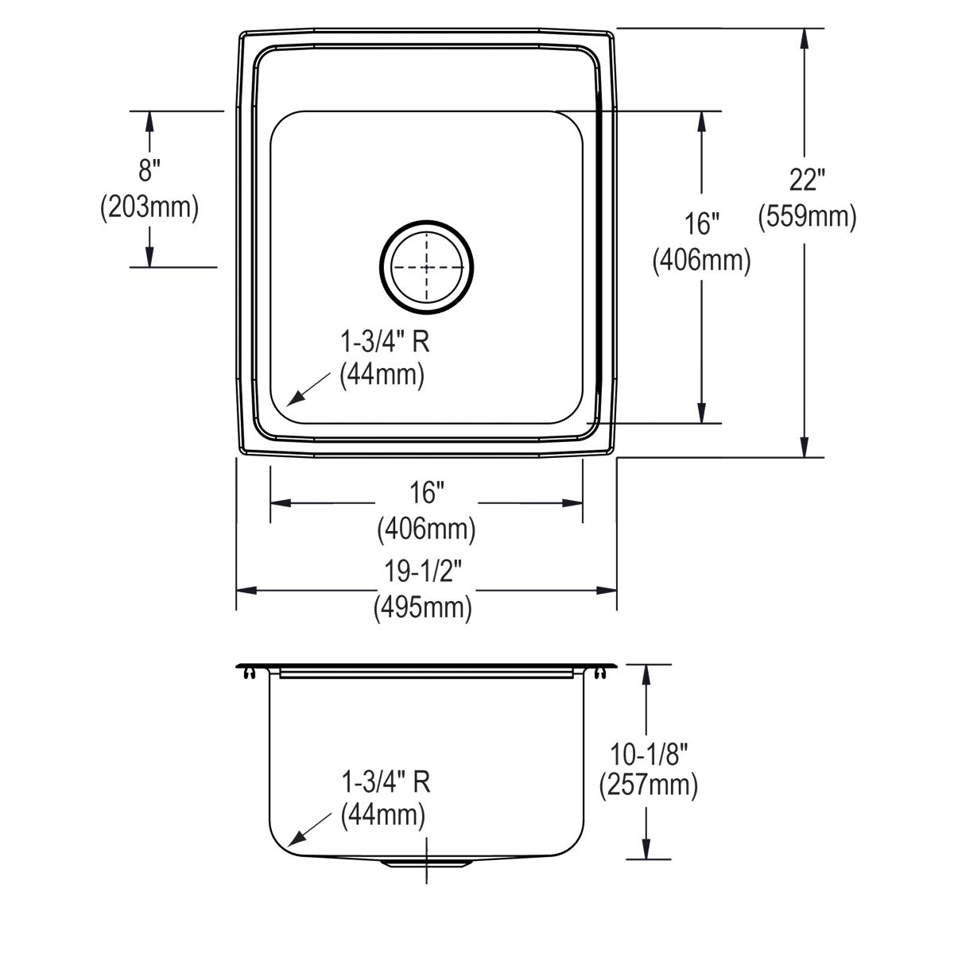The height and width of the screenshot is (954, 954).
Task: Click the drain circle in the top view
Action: [x=426, y=267]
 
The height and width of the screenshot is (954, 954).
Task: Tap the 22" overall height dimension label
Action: [x=805, y=181]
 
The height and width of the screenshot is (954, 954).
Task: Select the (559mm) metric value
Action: [x=807, y=217]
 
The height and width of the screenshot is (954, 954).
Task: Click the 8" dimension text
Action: [x=149, y=170]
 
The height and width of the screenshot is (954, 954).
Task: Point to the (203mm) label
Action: [x=149, y=207]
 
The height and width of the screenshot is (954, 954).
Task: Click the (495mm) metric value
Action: [x=423, y=608]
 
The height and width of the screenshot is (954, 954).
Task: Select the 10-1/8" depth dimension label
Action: [x=647, y=750]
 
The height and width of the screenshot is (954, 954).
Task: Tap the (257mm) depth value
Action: [x=648, y=785]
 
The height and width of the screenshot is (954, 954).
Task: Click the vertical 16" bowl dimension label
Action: [x=701, y=224]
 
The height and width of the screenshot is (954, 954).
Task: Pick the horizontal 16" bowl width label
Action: [x=426, y=494]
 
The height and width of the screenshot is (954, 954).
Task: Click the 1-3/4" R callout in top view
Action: [x=386, y=342]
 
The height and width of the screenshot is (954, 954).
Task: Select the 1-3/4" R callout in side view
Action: [x=386, y=782]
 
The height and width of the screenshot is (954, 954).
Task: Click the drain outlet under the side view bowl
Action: [x=426, y=862]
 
